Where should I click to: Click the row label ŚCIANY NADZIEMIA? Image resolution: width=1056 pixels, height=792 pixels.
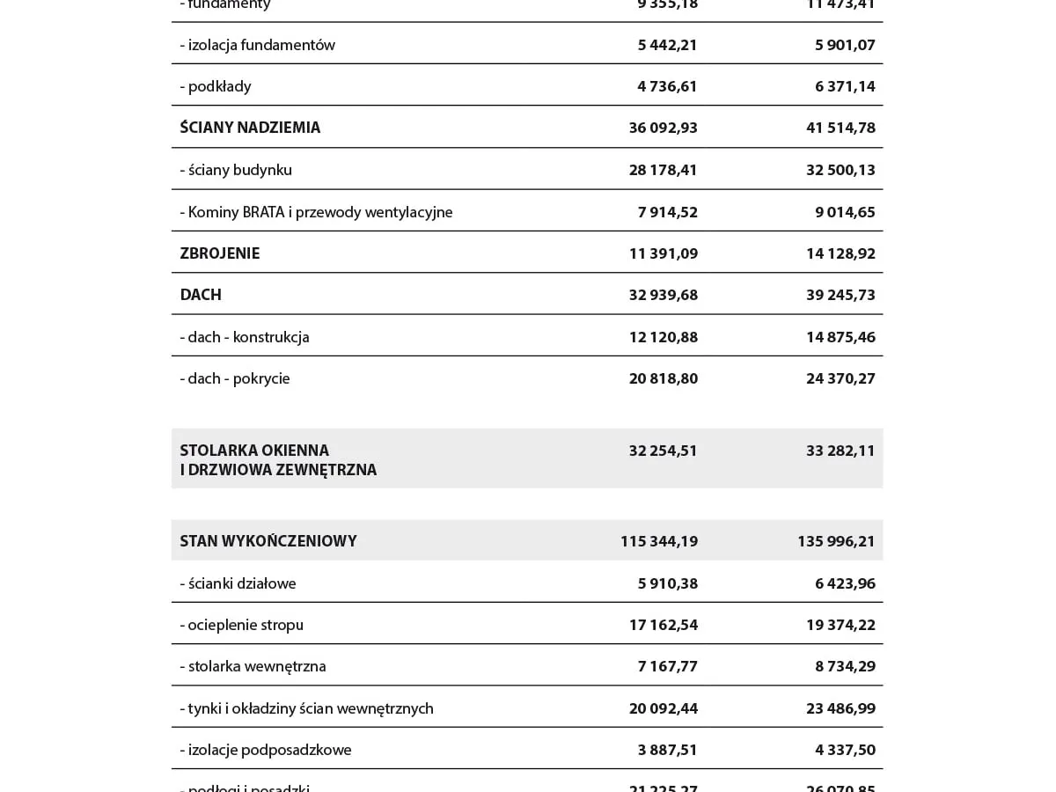[250, 128]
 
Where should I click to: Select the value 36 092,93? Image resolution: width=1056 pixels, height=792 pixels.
[663, 128]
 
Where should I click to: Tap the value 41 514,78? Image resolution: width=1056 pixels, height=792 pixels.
[840, 128]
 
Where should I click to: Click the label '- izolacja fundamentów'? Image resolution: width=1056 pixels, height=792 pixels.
[257, 45]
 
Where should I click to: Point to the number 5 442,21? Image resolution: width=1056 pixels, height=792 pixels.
[667, 45]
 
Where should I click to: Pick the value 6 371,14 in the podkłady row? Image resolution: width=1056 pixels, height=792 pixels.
[845, 86]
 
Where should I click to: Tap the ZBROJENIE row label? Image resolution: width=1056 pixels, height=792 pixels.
[220, 253]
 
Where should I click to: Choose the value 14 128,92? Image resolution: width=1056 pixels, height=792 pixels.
[840, 253]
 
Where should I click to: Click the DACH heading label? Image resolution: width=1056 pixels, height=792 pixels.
[201, 295]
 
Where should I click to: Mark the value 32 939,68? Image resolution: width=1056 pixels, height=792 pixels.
[663, 295]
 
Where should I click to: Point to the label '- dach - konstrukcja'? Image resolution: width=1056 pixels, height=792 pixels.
[245, 337]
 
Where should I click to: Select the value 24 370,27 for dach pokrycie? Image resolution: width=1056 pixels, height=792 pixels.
[840, 378]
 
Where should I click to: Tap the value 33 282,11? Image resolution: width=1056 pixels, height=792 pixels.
[840, 451]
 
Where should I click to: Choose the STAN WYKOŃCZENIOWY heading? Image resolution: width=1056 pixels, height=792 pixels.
[268, 541]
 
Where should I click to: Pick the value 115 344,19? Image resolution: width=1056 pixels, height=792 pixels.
[659, 541]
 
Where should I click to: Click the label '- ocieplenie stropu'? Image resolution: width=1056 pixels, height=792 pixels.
[241, 625]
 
